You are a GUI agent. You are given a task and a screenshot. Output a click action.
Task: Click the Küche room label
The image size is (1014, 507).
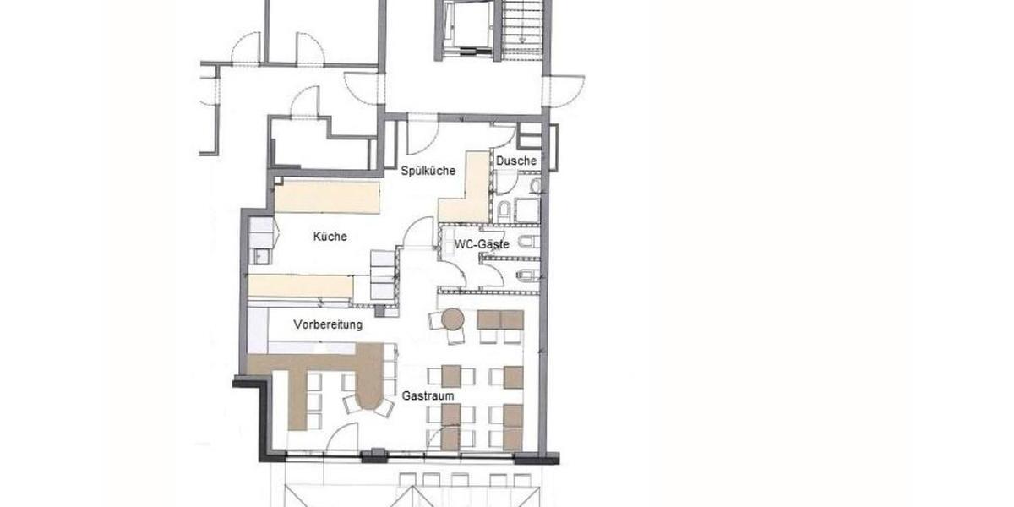330,237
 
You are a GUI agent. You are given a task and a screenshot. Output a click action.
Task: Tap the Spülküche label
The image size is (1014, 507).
428,171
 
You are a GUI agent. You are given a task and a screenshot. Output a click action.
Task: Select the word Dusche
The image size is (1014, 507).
516,161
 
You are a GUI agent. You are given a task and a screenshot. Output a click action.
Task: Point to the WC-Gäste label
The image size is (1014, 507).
482,244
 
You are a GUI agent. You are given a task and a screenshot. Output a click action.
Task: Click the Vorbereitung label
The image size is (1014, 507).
328,324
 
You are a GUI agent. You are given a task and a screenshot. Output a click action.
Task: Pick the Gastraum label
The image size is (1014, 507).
428,395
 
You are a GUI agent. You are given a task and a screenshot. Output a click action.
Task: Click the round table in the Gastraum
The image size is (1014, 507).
453,319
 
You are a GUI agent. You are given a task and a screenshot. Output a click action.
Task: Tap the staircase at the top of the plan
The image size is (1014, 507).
522,30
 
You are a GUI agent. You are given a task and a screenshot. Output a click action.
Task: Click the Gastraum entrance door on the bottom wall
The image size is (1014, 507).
341,439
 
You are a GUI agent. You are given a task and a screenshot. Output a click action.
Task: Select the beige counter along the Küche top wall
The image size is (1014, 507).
327,196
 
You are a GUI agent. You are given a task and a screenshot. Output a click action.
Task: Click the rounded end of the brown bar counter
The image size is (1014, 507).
369,398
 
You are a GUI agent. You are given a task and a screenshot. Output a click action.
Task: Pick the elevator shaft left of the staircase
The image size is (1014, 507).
466,30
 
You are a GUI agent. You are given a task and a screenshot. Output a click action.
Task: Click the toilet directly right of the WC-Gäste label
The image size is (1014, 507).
527,242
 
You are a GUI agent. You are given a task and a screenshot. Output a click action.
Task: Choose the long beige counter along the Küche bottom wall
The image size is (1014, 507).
301,286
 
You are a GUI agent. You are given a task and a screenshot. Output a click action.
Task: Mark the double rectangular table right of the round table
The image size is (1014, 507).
500,319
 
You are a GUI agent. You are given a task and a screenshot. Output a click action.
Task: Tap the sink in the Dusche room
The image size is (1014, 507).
535,185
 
